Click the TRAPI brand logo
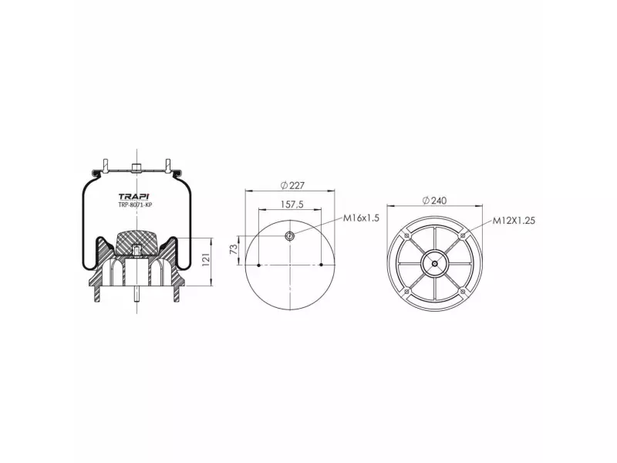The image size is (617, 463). tap(133, 197)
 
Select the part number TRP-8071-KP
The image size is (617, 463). tap(135, 205)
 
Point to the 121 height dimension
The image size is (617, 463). tap(206, 260)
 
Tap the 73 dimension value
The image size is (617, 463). tap(234, 248)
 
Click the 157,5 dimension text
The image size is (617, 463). tap(292, 204)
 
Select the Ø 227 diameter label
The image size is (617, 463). tap(292, 185)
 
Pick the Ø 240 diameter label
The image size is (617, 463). tap(434, 201)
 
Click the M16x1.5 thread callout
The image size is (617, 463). tap(361, 218)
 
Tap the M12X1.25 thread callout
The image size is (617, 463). tap(514, 221)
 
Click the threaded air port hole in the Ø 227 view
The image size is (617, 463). tap(290, 236)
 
